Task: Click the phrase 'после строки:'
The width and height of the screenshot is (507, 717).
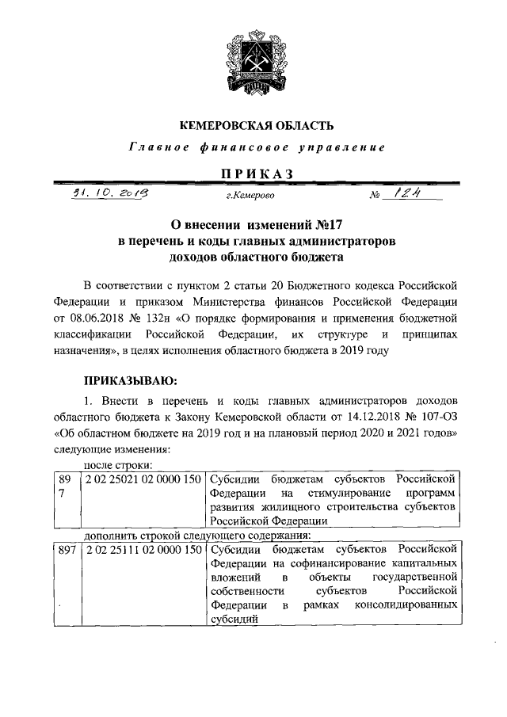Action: [117, 466]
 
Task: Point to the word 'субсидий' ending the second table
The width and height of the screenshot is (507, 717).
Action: [234, 620]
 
